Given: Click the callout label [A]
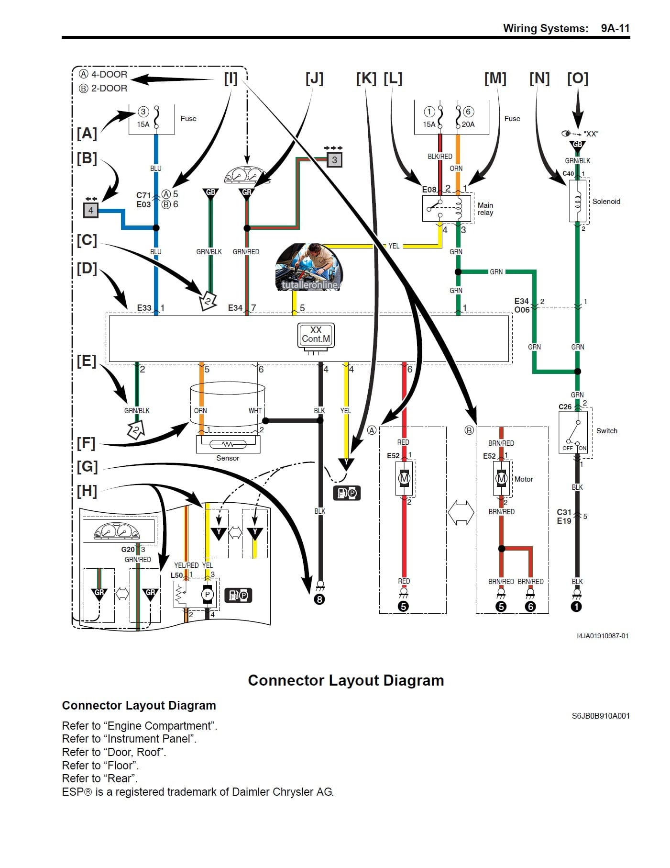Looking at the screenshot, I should click(x=87, y=133).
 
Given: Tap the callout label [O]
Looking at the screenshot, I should click(x=577, y=79).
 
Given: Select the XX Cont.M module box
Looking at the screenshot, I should click(x=316, y=335).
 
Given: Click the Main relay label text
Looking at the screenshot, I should click(x=485, y=209).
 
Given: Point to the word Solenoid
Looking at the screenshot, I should click(x=606, y=202).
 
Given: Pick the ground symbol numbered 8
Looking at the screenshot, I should click(x=319, y=599).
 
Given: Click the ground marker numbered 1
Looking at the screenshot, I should click(x=577, y=607).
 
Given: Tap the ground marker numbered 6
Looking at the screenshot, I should click(x=530, y=607).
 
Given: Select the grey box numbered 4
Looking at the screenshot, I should click(x=91, y=210).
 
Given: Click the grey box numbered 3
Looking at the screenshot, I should click(x=334, y=160).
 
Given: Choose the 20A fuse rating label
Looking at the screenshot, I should click(x=468, y=124).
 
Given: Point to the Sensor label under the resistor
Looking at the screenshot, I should click(x=228, y=458).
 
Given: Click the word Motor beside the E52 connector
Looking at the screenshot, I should click(x=523, y=479).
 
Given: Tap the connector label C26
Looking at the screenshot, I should click(x=565, y=407).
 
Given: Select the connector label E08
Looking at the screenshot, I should click(x=429, y=190).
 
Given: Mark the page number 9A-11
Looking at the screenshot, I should click(x=615, y=28).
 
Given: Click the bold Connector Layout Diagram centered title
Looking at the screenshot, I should click(x=346, y=680).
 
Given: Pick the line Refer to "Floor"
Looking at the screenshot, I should click(x=100, y=765).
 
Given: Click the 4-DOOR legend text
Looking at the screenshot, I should click(x=109, y=75).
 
